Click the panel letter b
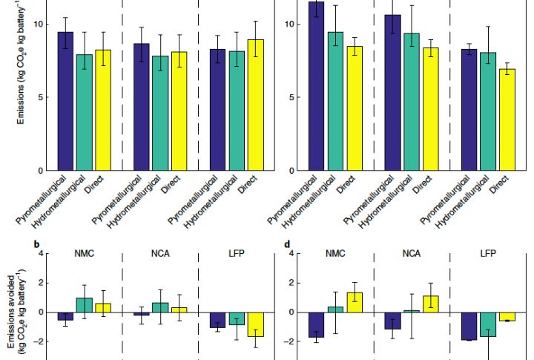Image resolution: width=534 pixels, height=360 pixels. point(36,243)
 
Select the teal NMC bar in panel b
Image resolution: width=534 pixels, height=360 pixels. point(85,304)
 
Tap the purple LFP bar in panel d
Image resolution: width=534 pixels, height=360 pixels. point(468,326)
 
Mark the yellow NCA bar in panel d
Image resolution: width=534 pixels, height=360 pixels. point(431,304)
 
